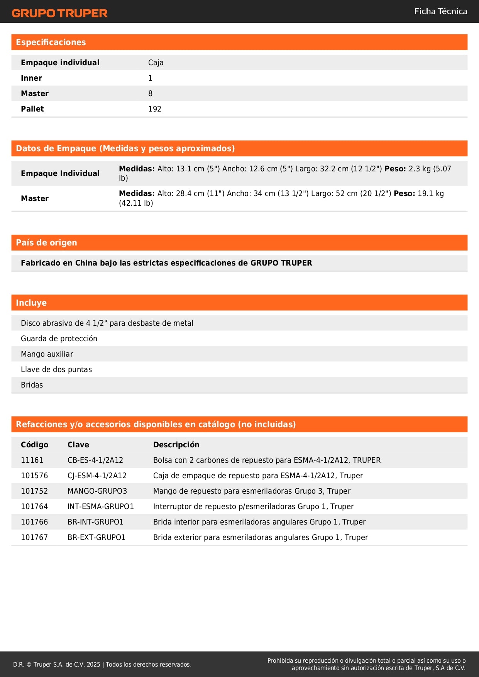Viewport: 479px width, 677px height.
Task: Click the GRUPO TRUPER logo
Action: (59, 13)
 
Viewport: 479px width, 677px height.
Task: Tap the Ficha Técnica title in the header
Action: (440, 11)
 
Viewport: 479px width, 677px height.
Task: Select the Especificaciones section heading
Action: (51, 42)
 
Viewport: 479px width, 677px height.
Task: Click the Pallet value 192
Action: (154, 109)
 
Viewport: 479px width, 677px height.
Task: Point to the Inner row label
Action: (31, 78)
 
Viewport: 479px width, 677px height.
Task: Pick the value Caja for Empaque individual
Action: (156, 63)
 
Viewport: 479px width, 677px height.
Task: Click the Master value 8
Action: (150, 93)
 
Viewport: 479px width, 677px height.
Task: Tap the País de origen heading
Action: (46, 242)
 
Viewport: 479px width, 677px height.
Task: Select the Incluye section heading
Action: (31, 303)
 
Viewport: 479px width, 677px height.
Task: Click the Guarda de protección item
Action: (59, 338)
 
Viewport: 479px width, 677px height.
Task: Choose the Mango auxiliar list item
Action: (47, 354)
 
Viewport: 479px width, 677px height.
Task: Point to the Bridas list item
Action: (32, 385)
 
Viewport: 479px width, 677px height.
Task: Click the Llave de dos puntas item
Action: (56, 369)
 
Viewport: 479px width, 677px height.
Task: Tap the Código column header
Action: (34, 445)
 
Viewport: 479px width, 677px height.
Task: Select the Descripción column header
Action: (176, 445)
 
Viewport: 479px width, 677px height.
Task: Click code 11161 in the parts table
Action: (32, 460)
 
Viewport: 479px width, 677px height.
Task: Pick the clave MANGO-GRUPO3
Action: (97, 491)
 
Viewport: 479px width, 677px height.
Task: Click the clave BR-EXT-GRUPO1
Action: (96, 537)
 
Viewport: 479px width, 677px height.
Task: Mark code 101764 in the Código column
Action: (34, 506)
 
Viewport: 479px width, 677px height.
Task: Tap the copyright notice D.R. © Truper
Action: (102, 664)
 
